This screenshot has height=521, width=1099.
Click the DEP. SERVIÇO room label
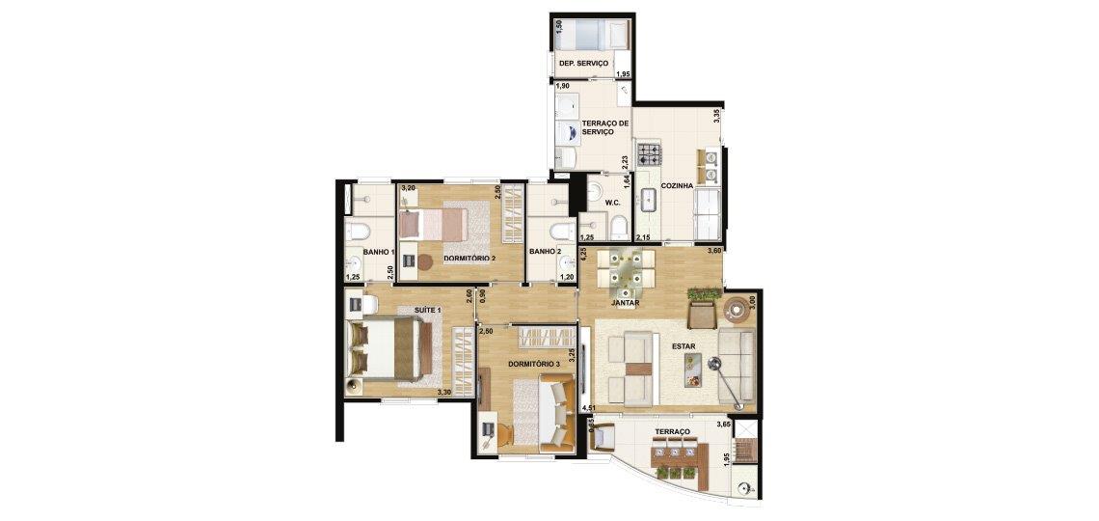[583, 63]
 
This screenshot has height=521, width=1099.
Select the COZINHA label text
[677, 186]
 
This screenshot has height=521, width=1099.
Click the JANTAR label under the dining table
[625, 304]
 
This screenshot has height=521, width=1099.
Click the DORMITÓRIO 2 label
[469, 259]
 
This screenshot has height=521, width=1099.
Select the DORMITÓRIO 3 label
[534, 364]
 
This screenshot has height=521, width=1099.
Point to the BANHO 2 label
[545, 252]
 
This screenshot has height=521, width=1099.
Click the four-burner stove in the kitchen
[649, 154]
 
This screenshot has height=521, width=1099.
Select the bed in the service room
[592, 35]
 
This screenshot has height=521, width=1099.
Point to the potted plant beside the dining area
[704, 294]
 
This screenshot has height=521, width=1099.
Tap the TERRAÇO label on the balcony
[672, 431]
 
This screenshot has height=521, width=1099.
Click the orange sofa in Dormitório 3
[557, 410]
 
